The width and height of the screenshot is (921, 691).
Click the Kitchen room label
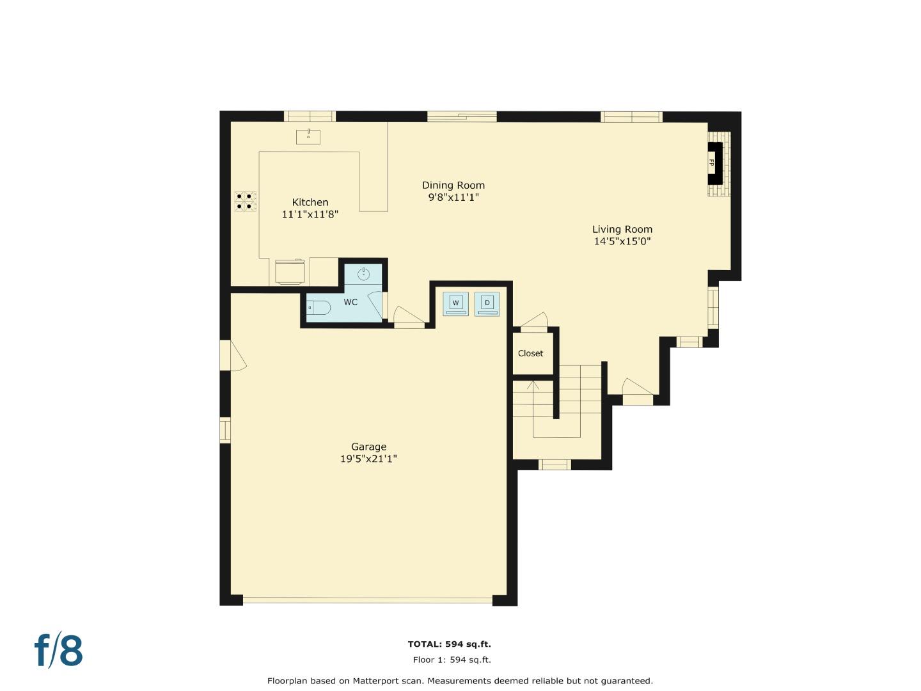(x=310, y=202)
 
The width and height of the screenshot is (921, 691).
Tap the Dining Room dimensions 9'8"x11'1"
(x=453, y=198)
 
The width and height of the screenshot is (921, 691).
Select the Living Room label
(x=622, y=229)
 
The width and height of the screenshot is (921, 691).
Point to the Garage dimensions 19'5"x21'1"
(x=368, y=459)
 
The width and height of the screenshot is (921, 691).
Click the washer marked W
(x=455, y=303)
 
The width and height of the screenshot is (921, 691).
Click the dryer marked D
(x=487, y=303)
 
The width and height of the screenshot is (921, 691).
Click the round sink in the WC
(x=363, y=274)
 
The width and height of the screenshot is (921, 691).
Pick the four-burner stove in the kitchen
(x=245, y=201)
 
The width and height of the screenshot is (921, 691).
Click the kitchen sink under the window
(x=308, y=136)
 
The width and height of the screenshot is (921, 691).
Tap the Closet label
(x=530, y=353)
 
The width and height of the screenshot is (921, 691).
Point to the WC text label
(x=350, y=302)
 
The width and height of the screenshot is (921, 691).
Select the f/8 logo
(x=58, y=651)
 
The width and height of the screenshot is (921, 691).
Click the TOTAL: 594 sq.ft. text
(x=449, y=644)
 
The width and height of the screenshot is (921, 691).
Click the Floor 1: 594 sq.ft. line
(x=452, y=660)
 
